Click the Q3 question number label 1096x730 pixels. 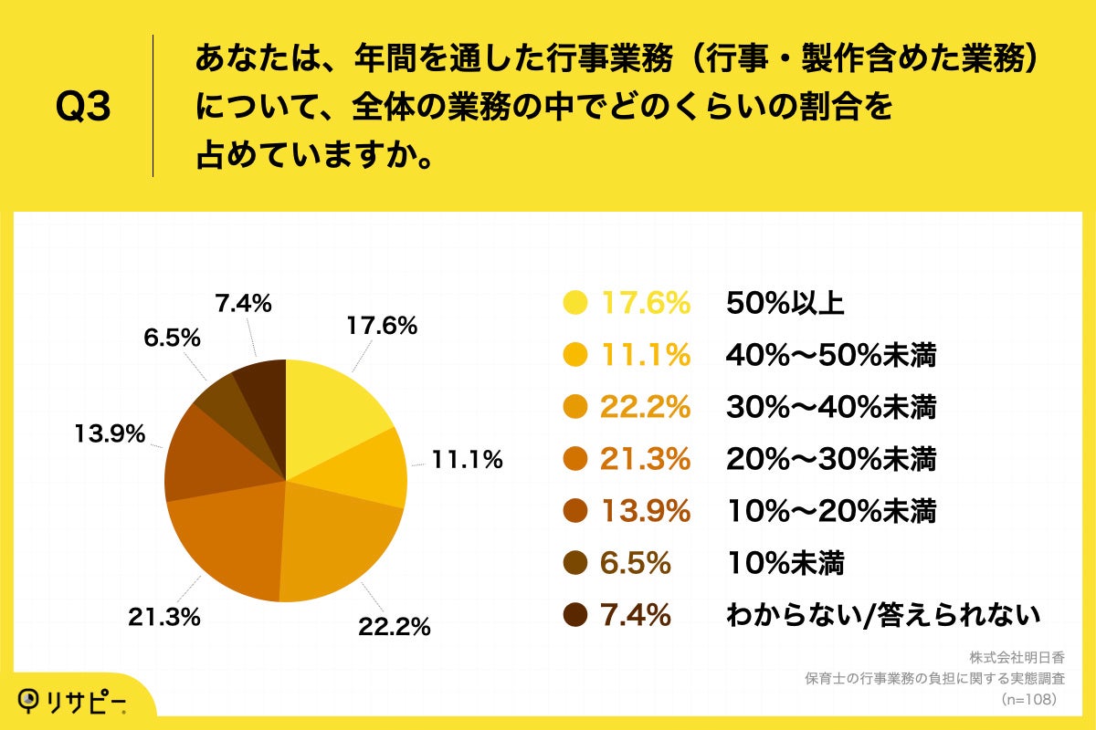83,108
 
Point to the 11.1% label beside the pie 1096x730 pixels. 467,461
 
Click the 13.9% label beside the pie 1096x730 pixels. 110,434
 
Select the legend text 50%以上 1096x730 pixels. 785,304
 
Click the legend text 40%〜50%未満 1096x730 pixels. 831,356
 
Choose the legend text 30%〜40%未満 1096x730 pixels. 831,408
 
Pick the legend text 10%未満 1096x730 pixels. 785,564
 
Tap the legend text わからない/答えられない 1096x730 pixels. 882,616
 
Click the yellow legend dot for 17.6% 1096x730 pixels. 575,304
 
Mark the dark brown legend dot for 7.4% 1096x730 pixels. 575,616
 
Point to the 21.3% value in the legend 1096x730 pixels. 644,460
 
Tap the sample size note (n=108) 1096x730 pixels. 1028,699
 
